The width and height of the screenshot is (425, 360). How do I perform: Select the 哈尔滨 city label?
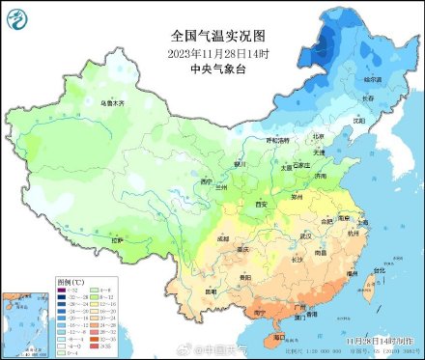(x=371, y=78)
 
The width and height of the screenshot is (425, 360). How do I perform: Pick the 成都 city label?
(x=223, y=236)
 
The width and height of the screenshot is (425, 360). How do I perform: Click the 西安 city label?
(x=259, y=205)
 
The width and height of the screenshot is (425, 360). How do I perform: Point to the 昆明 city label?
(x=212, y=291)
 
